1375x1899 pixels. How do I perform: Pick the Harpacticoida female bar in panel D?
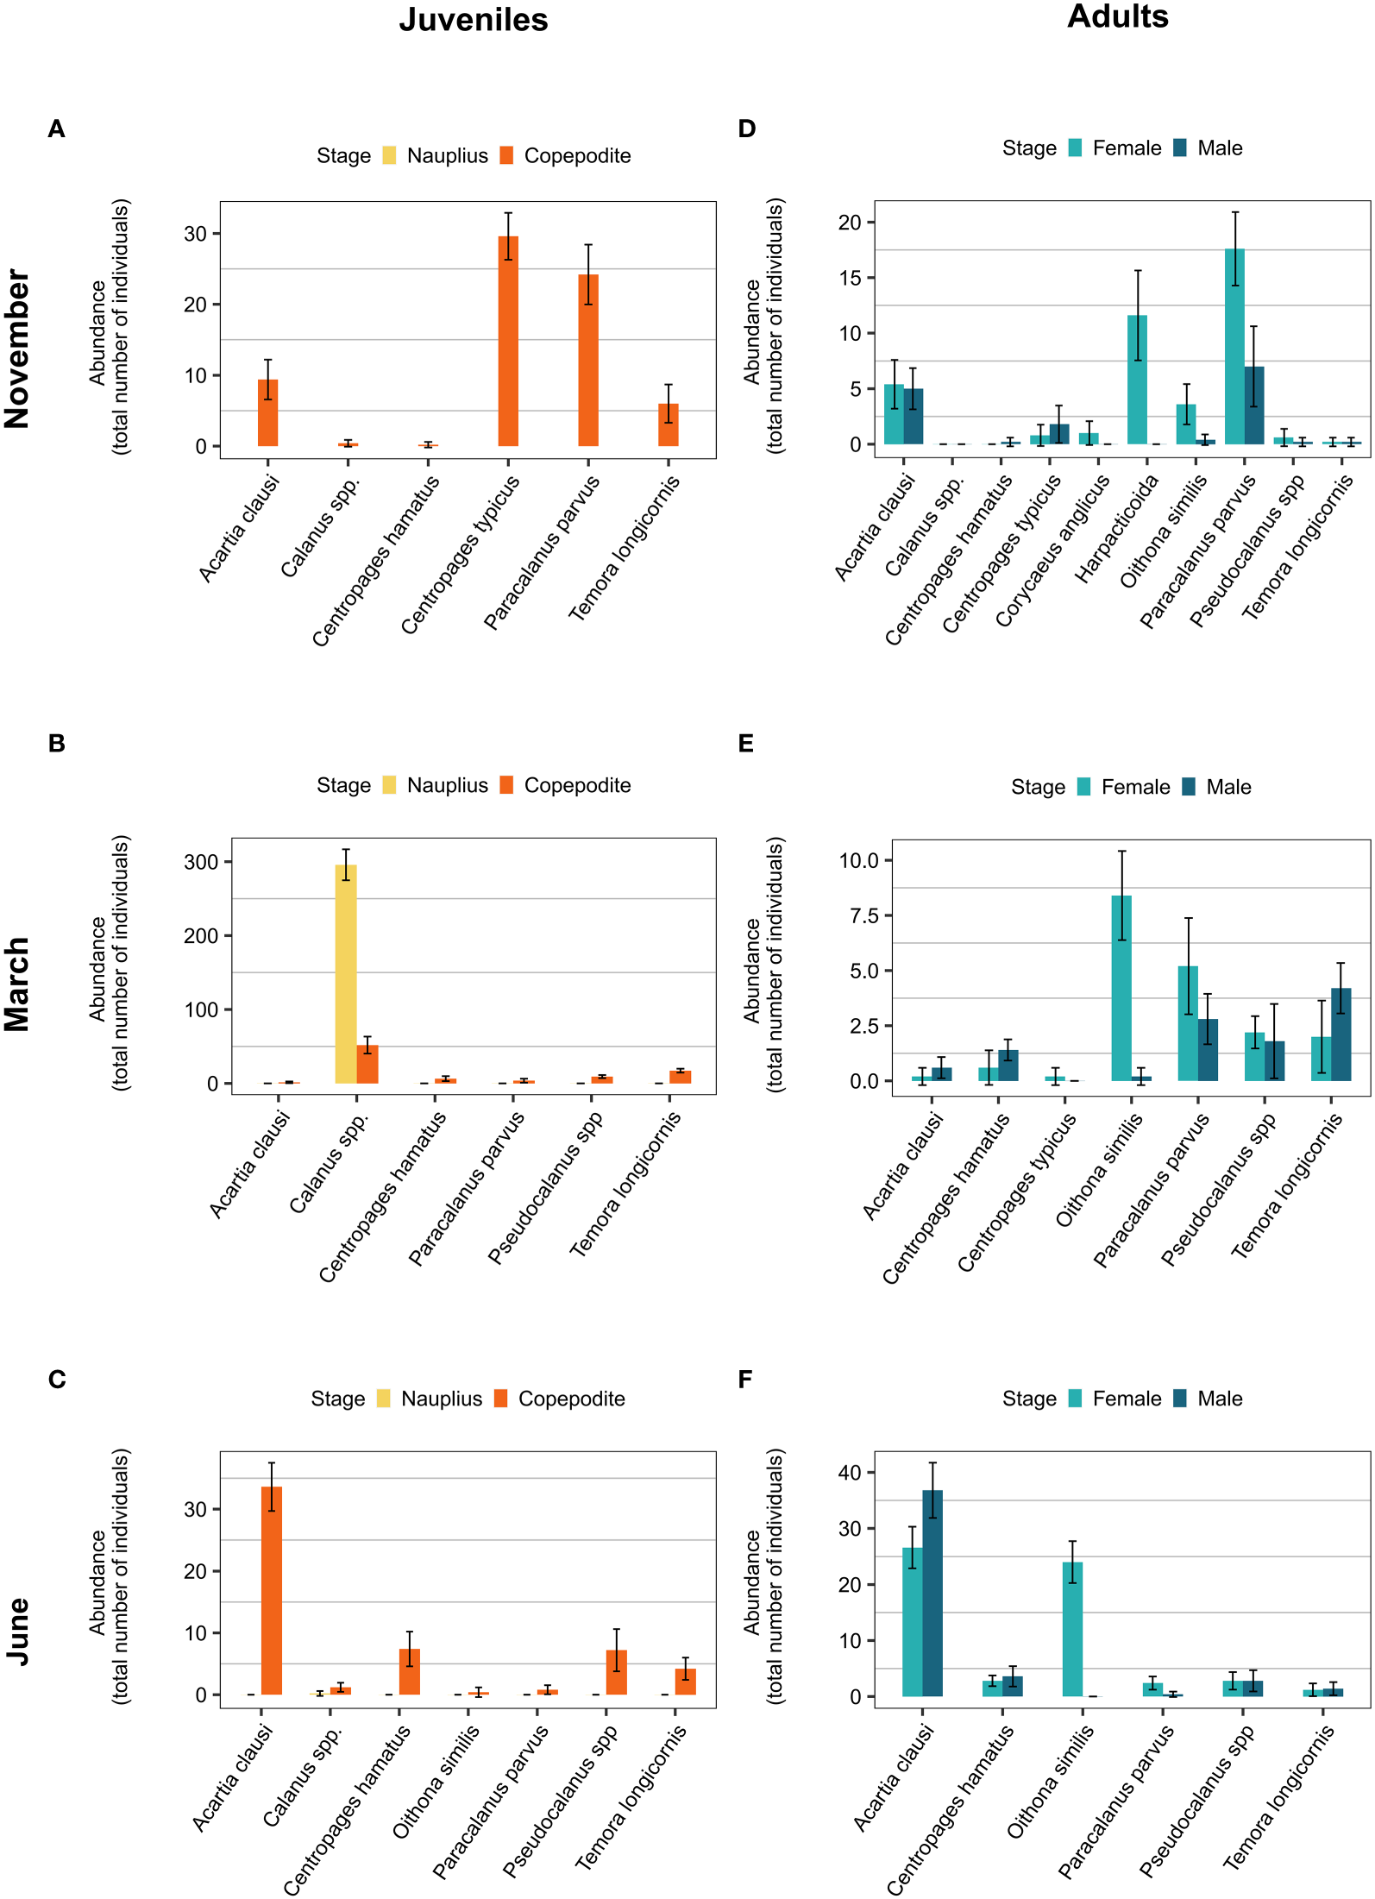1137,380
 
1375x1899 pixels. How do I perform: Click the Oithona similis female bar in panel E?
1121,988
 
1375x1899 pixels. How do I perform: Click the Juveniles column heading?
474,20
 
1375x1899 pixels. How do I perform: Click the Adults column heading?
1118,16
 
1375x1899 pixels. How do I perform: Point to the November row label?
17,349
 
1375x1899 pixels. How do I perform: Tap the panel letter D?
747,129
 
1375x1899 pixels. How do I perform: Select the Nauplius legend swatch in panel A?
390,155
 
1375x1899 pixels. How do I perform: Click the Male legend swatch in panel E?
1189,786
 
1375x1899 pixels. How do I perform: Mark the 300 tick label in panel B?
201,862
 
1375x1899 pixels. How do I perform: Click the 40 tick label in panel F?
850,1473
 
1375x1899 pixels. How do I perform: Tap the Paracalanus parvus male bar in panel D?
1254,406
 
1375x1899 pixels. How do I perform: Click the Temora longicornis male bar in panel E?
1341,1034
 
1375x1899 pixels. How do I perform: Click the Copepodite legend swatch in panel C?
501,1399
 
